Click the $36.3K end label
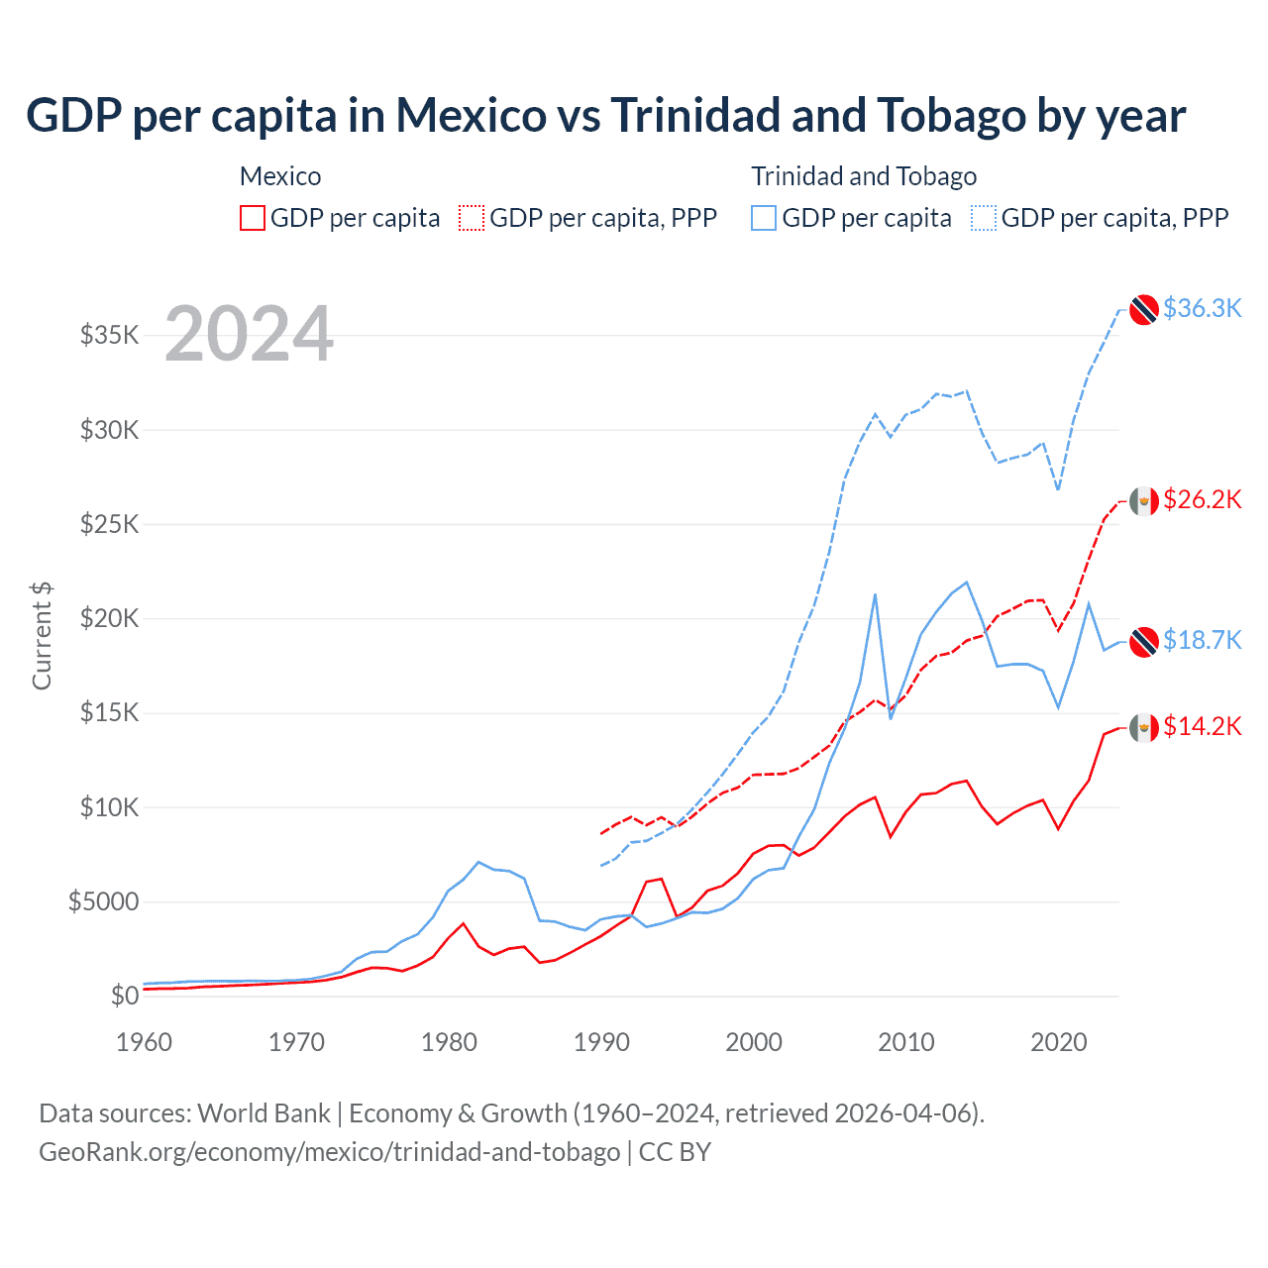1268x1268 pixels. coord(1202,308)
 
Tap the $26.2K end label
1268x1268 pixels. coord(1202,499)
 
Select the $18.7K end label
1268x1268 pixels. coord(1202,640)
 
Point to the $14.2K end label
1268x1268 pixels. coord(1202,726)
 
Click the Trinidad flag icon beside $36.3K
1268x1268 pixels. coord(1144,309)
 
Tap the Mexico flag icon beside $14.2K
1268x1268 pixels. coord(1144,728)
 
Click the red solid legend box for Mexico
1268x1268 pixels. coord(253,218)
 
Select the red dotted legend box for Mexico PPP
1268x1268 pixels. coord(473,218)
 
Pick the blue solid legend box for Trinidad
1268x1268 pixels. coord(764,218)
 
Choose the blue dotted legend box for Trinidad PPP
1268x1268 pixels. coord(984,218)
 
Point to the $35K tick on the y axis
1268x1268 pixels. coord(110,335)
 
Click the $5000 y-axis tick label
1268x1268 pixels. coord(104,901)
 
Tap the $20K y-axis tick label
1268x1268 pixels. coord(110,618)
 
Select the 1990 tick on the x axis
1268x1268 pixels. coord(601,1042)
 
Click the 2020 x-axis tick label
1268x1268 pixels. coord(1059,1042)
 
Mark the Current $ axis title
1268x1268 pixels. coord(42,636)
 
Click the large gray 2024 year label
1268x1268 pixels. coord(249,334)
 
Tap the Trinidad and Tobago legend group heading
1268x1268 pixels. coord(864,176)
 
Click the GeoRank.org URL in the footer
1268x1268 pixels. coord(329,1152)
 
